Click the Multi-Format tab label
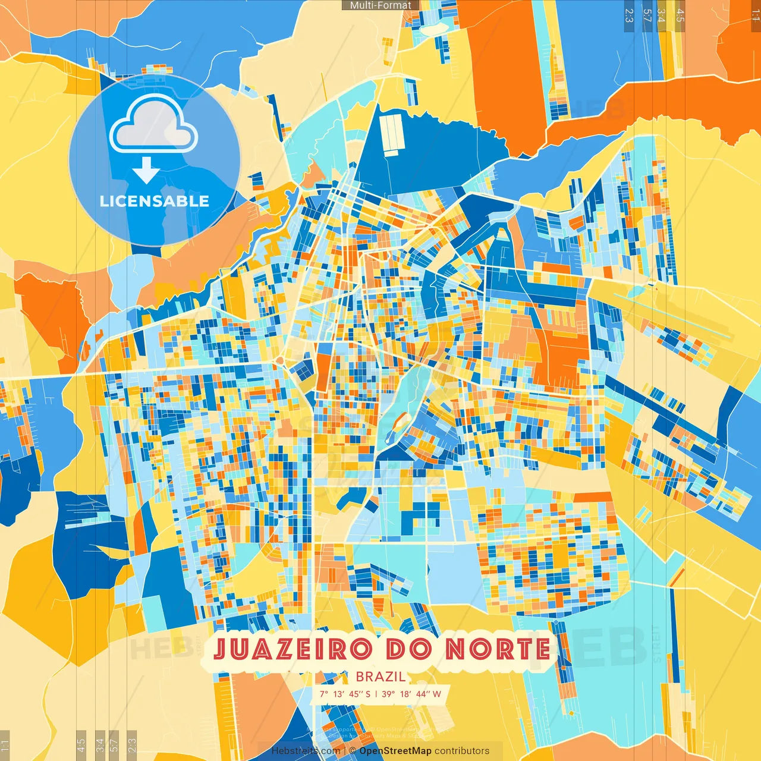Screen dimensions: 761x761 tap(380, 5)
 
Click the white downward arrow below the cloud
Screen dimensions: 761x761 tap(146, 170)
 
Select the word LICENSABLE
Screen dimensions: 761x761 tap(155, 201)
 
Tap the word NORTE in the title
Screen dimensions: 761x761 tap(498, 649)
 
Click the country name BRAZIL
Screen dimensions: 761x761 tap(380, 677)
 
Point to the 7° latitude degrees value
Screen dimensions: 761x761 tap(324, 694)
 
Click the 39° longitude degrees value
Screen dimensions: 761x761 tap(388, 694)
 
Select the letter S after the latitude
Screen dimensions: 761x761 tap(368, 694)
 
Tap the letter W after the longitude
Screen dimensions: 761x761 tap(437, 694)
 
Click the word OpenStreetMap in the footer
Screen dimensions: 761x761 tap(395, 751)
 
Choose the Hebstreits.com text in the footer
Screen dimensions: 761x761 tap(306, 751)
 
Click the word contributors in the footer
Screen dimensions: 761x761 tap(462, 751)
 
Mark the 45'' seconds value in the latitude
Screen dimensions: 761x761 tap(356, 694)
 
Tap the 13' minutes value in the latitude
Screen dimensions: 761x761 tap(339, 694)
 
